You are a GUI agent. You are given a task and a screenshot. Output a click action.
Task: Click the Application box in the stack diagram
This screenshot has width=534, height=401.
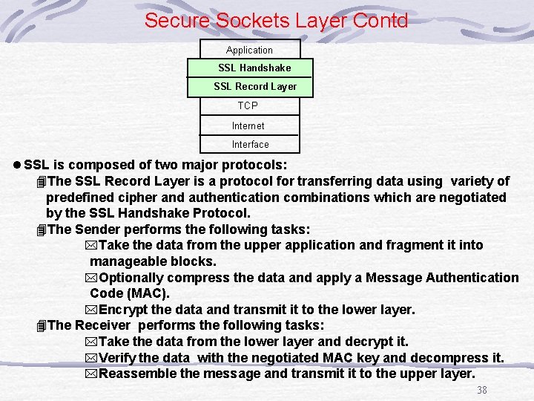(x=249, y=50)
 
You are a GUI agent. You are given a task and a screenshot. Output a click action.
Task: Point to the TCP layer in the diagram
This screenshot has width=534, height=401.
(x=248, y=105)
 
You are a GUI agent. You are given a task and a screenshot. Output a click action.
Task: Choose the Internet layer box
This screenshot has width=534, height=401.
(x=248, y=125)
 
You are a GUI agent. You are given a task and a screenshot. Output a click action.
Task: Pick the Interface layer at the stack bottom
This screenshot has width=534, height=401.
(x=250, y=144)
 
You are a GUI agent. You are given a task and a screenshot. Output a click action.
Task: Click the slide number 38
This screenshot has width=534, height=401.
(x=482, y=390)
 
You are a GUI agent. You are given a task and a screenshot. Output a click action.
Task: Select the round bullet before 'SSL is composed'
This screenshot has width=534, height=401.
(x=16, y=165)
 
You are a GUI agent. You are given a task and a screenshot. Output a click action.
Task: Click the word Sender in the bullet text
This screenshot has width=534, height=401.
(x=99, y=229)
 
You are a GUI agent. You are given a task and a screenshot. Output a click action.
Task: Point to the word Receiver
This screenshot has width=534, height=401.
(x=103, y=325)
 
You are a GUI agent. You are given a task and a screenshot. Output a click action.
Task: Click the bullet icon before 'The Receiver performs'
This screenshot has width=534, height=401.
(x=41, y=326)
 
